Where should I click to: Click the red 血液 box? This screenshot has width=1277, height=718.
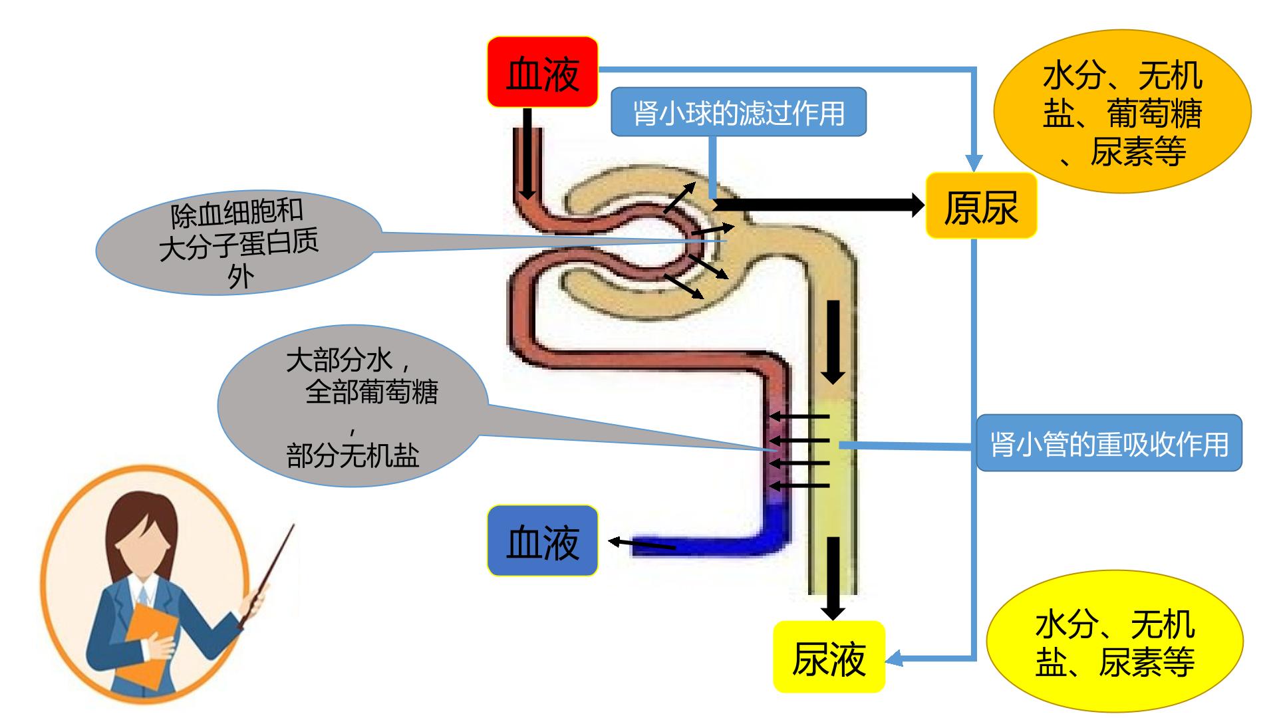(x=543, y=72)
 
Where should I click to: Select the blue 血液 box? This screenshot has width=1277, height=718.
(x=543, y=540)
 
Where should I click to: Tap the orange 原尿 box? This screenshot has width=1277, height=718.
(x=981, y=206)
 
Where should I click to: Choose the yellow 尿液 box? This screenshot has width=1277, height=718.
(x=829, y=657)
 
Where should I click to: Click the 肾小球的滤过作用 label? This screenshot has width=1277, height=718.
(x=738, y=112)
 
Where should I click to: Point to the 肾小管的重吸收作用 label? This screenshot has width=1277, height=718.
(x=1109, y=443)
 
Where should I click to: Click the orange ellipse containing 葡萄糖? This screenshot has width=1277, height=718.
(x=1123, y=111)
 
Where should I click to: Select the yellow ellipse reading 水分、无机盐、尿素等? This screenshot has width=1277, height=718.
(x=1115, y=642)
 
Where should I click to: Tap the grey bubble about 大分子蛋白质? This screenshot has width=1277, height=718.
(x=239, y=243)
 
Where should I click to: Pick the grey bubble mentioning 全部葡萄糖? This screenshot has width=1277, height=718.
(x=353, y=406)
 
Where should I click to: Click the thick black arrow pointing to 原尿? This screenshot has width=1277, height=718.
(x=818, y=205)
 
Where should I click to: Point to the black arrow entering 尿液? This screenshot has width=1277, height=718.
(x=833, y=578)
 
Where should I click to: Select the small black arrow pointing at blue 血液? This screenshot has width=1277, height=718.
(x=642, y=544)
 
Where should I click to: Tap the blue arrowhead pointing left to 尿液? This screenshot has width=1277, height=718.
(x=894, y=658)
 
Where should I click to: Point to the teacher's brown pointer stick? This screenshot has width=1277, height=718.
(x=266, y=576)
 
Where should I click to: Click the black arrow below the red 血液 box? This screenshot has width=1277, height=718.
(x=527, y=154)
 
